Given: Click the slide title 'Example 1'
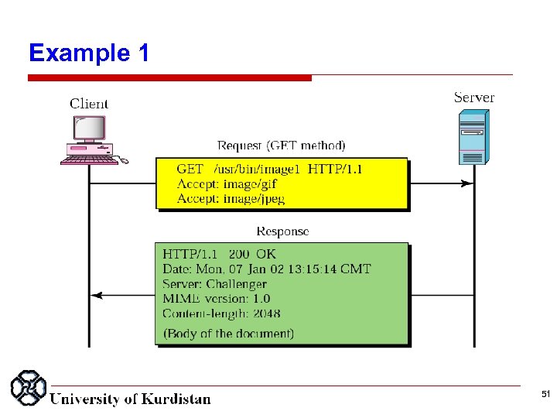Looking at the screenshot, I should pyautogui.click(x=89, y=53).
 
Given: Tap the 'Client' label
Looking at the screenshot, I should pyautogui.click(x=89, y=104).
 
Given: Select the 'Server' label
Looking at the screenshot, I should pyautogui.click(x=473, y=98).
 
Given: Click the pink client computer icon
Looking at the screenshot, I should pyautogui.click(x=90, y=139).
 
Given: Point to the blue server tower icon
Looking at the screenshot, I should pyautogui.click(x=473, y=137).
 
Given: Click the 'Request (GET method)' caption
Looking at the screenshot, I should pyautogui.click(x=282, y=146).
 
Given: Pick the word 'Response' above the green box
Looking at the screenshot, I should pyautogui.click(x=282, y=231).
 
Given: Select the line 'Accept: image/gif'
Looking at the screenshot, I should pyautogui.click(x=227, y=184).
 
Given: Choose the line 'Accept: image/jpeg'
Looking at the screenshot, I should pyautogui.click(x=231, y=199).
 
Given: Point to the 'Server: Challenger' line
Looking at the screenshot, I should pyautogui.click(x=215, y=284).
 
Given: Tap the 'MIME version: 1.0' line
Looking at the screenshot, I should pyautogui.click(x=216, y=299).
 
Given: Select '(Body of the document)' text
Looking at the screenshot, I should pyautogui.click(x=228, y=334).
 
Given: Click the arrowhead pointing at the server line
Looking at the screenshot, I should pyautogui.click(x=466, y=183).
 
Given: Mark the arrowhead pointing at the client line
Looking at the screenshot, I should pyautogui.click(x=95, y=295).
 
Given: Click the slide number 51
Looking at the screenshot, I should pyautogui.click(x=545, y=395).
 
